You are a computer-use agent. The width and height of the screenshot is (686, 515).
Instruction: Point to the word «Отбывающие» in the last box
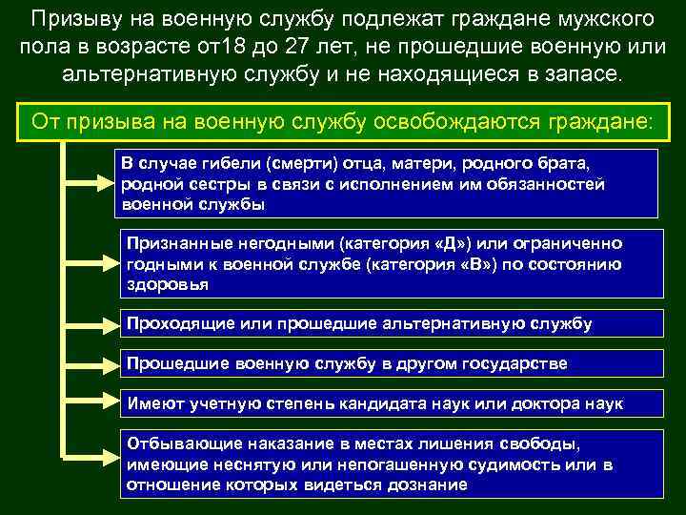point(174,444)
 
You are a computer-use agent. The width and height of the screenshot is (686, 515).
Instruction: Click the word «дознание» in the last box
point(424,484)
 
